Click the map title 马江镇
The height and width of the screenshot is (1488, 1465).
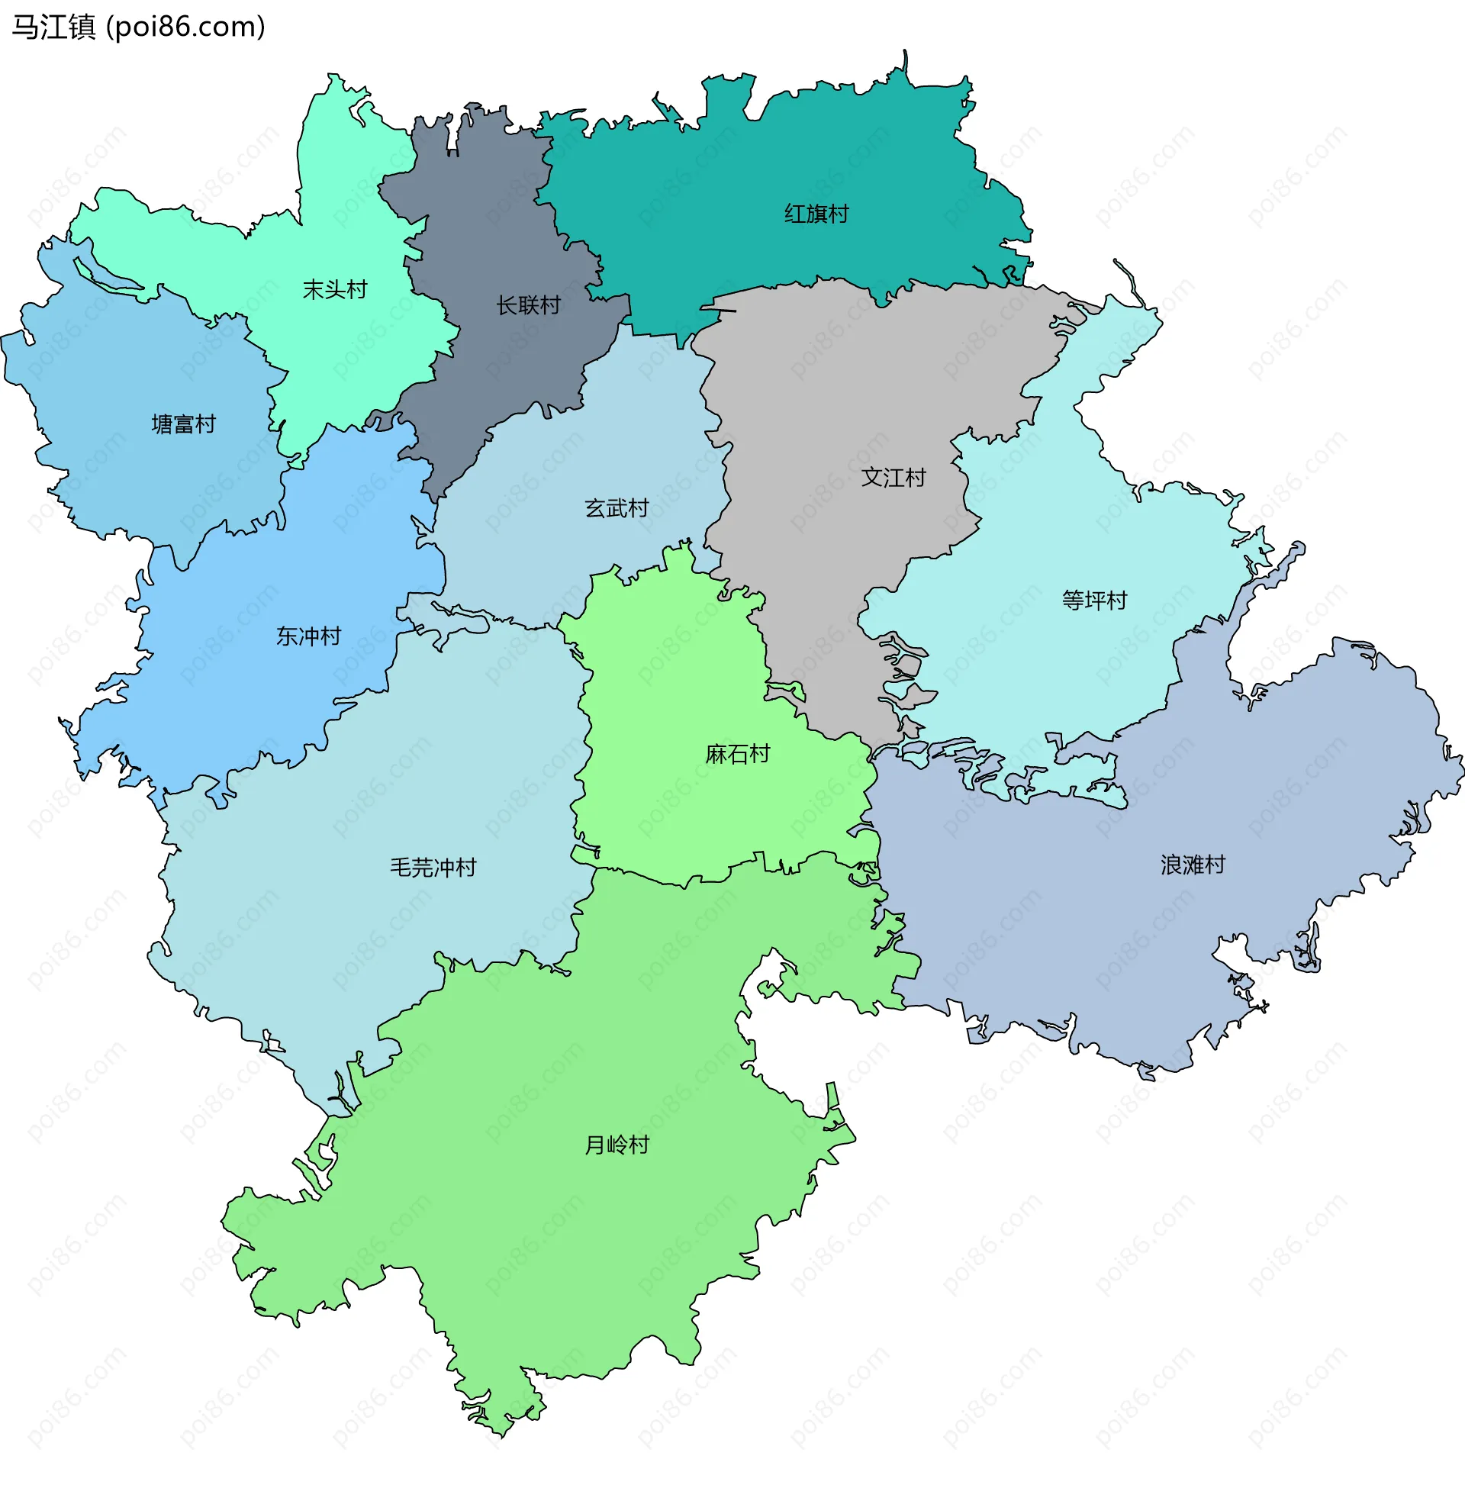[x=53, y=27]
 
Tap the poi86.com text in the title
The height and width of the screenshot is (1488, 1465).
[x=185, y=27]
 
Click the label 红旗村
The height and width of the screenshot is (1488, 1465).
[x=816, y=214]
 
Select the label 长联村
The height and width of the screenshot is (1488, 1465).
[x=528, y=305]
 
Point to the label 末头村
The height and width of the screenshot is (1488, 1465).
[x=335, y=290]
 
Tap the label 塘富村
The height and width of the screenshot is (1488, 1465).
[x=183, y=424]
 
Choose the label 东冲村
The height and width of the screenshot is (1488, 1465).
[x=307, y=636]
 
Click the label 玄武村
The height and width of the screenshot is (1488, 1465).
[x=617, y=507]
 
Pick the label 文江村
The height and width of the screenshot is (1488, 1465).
[x=893, y=477]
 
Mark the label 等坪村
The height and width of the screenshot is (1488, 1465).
[x=1094, y=599]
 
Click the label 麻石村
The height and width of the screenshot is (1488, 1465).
[x=737, y=753]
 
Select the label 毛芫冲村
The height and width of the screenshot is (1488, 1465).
[x=433, y=867]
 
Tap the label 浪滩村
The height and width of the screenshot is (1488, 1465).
[x=1192, y=864]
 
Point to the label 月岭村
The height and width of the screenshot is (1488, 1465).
[x=617, y=1144]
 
